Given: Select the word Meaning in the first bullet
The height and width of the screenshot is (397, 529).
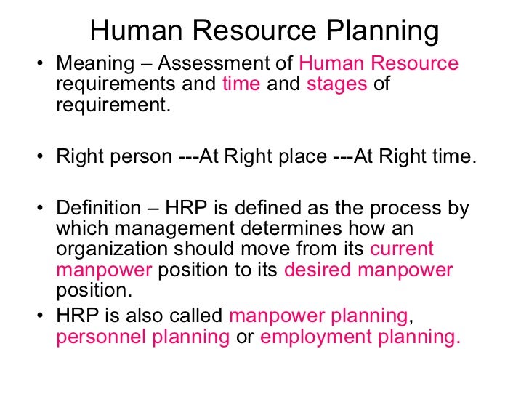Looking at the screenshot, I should pyautogui.click(x=91, y=63).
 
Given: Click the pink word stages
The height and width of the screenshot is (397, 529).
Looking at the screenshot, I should pyautogui.click(x=336, y=84).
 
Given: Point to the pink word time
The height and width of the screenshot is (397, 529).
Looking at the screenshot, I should pyautogui.click(x=241, y=84).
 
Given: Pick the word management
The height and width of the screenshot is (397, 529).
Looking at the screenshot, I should pyautogui.click(x=169, y=229).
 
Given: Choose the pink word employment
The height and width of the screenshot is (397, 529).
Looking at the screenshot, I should pyautogui.click(x=313, y=337).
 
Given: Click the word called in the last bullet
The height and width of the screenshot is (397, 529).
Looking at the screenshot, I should pyautogui.click(x=197, y=317).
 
